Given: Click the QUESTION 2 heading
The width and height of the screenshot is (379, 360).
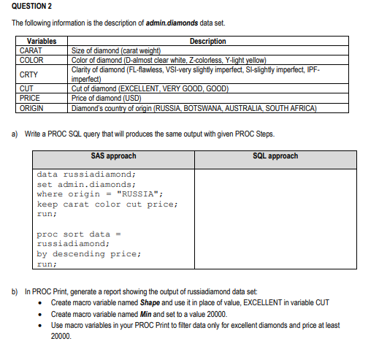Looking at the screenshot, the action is [x=33, y=7].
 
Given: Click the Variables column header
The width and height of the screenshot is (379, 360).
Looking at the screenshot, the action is [x=42, y=42].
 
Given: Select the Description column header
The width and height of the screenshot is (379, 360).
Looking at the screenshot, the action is [x=207, y=42].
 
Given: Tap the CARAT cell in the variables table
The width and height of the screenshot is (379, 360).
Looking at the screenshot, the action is [x=31, y=50].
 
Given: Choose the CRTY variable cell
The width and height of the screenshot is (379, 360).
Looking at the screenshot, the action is [x=29, y=74].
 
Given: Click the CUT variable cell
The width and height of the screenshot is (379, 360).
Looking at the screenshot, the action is [x=26, y=89].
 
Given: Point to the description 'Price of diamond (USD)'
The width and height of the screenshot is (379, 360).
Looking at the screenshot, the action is [x=110, y=98].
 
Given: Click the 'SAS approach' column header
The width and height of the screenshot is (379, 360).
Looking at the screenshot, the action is [x=113, y=156].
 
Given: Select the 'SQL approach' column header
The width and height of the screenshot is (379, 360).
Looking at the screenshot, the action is [x=275, y=156].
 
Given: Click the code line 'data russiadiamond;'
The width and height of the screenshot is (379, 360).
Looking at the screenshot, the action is [x=86, y=175].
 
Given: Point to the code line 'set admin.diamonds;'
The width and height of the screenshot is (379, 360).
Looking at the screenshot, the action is [x=86, y=185].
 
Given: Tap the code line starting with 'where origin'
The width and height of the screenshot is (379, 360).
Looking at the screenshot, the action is [x=99, y=194].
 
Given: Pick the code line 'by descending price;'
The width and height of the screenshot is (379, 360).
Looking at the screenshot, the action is [x=89, y=254].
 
